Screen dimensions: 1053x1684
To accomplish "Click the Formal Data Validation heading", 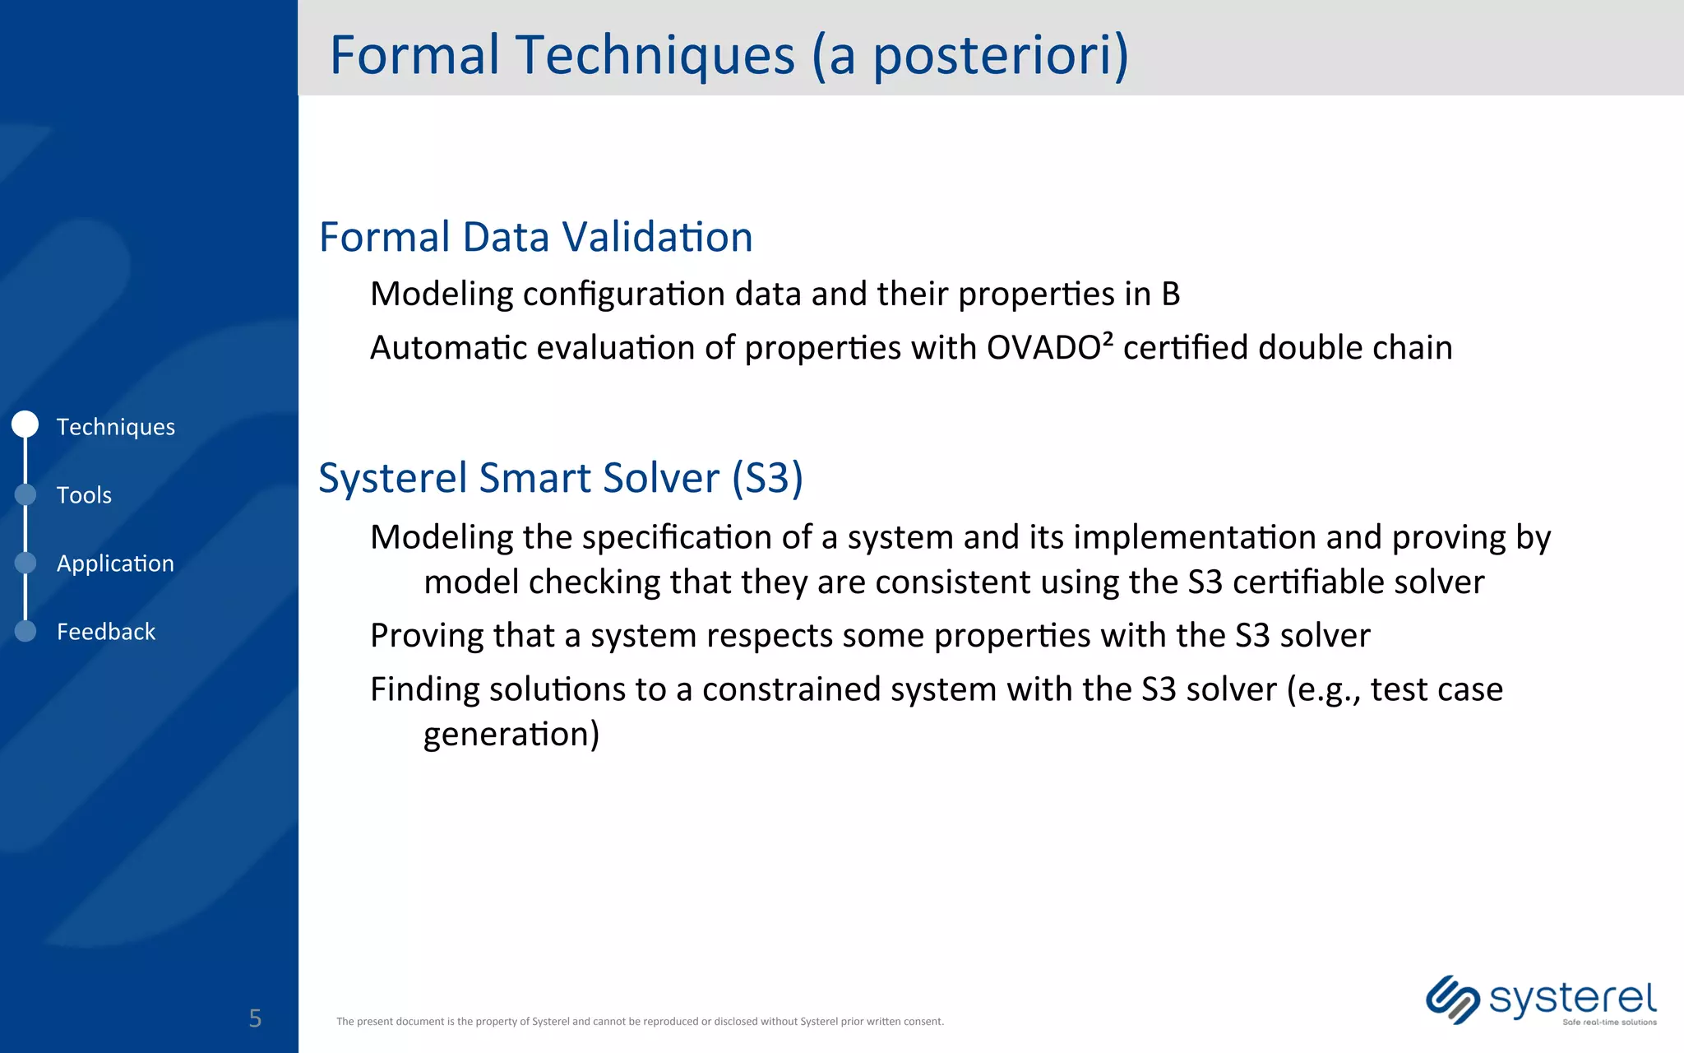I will click(535, 237).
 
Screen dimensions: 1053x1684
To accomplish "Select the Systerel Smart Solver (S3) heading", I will click(560, 478).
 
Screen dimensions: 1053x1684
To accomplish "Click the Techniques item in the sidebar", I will click(115, 426).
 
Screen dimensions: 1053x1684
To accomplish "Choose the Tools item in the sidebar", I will click(84, 494).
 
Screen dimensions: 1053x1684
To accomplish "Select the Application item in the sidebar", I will click(115, 564).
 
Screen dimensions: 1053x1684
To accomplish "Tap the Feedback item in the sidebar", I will click(105, 631).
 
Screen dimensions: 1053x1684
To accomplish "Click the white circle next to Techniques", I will click(25, 424).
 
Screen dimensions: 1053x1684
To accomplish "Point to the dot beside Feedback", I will click(25, 631).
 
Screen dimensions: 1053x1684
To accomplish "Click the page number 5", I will click(255, 1018).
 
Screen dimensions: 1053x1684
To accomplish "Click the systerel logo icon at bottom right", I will click(1452, 1000).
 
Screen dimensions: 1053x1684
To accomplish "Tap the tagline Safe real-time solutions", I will click(1609, 1023).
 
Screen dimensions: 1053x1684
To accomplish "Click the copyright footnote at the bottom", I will click(640, 1022).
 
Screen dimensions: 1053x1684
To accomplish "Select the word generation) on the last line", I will click(511, 735).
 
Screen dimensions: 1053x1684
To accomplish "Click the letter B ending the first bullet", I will click(1170, 295).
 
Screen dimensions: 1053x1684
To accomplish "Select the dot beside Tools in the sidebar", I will click(25, 494).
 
